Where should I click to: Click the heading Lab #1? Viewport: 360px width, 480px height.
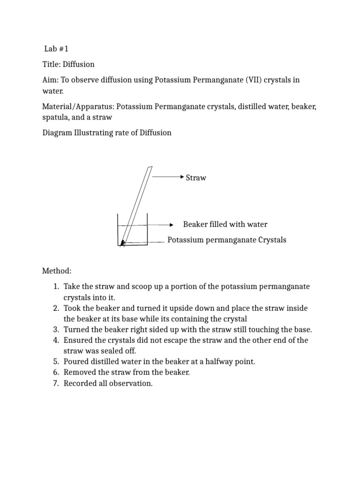[57, 49]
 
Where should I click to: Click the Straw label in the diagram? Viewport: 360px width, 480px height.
[196, 178]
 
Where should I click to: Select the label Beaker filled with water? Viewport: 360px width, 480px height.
[225, 225]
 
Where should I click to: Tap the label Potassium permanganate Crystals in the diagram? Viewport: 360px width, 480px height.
[227, 240]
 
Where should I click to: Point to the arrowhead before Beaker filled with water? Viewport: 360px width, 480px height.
[171, 225]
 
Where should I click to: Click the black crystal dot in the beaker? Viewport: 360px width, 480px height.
[123, 242]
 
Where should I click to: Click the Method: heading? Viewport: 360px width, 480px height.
[57, 271]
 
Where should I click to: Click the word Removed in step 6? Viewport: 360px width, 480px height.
[79, 373]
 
